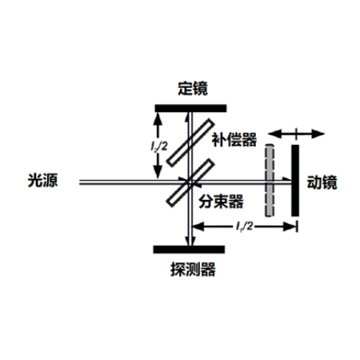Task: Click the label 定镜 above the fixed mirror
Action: tap(193, 89)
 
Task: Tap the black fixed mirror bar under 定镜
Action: tap(190, 108)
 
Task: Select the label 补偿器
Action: tap(234, 139)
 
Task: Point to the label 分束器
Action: tap(221, 202)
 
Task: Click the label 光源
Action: tap(42, 180)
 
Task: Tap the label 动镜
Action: tap(322, 182)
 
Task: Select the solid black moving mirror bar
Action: tap(295, 180)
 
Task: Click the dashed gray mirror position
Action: tap(270, 180)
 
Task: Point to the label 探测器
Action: tap(193, 270)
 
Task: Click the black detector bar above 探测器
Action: tap(189, 250)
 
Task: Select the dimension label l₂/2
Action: tap(159, 146)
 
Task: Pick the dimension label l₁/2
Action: tap(244, 226)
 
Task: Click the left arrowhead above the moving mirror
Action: tap(274, 134)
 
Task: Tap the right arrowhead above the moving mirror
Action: tap(318, 134)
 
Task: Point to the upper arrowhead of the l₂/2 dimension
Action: tap(158, 119)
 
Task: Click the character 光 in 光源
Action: tap(35, 180)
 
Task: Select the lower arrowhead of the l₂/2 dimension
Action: tap(158, 172)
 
